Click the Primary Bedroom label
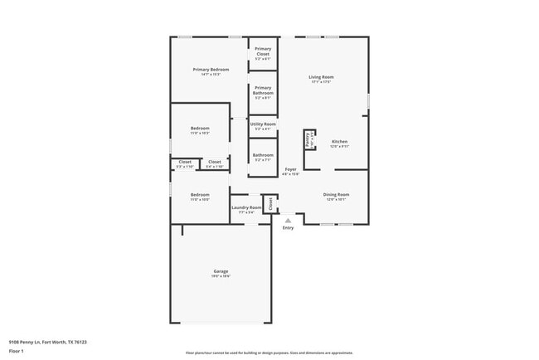click(211, 69)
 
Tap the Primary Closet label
click(263, 51)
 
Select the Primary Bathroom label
click(263, 90)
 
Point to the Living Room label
click(321, 77)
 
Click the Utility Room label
click(263, 124)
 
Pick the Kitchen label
click(340, 141)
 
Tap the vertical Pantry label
click(307, 139)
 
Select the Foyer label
click(290, 168)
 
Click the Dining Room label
click(336, 194)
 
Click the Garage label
click(221, 270)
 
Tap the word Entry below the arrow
click(288, 228)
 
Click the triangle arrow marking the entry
click(288, 220)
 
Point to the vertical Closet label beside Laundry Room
click(269, 202)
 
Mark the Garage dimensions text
click(221, 276)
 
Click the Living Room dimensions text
click(321, 82)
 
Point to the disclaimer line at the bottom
click(269, 352)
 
